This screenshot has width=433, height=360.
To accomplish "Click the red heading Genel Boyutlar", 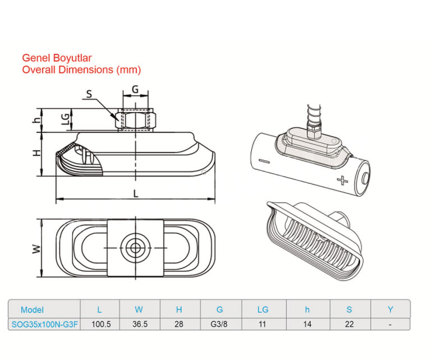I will point(57,58).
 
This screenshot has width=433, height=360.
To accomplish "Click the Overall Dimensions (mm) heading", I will point(81,70).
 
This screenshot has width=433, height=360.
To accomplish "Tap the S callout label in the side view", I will point(89,94).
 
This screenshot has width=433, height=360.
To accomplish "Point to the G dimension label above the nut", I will point(135,89).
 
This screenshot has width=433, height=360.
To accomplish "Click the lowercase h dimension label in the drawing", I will point(36,120).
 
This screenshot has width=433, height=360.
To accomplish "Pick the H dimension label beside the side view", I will point(35,153).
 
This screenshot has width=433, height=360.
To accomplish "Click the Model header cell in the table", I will point(32,310).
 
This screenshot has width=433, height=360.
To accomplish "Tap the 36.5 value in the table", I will point(140,324).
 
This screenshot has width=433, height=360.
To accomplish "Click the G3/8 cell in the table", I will point(220,324).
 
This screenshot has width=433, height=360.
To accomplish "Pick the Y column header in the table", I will point(390,310).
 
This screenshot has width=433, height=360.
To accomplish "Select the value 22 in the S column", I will point(349,324).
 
